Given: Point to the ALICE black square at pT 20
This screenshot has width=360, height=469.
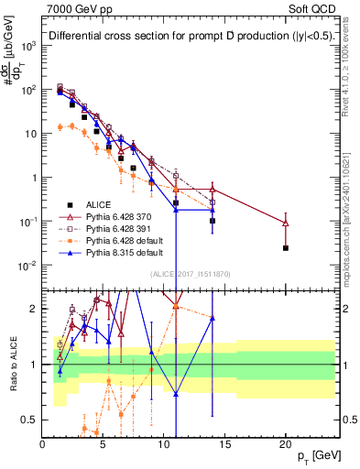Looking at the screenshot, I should [x=286, y=248].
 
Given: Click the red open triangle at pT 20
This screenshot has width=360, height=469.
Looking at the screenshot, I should [x=286, y=223].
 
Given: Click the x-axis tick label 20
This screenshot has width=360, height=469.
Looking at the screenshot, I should [x=286, y=444].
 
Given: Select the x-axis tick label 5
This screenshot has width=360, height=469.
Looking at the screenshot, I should [x=104, y=444].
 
